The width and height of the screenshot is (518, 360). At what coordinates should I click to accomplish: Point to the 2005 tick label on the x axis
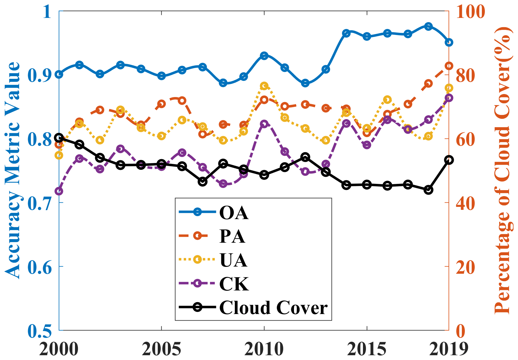tap(161, 349)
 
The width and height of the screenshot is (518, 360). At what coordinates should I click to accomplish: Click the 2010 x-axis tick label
tap(264, 349)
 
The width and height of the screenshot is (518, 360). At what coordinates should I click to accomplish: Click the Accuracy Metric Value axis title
tap(12, 170)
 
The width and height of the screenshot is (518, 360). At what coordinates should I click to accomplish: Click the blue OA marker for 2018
tap(428, 26)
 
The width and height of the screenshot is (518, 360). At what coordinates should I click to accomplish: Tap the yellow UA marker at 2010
tap(264, 86)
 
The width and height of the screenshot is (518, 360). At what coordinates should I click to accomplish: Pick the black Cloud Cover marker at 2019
tap(449, 160)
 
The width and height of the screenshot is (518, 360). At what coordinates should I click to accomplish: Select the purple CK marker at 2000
tap(59, 191)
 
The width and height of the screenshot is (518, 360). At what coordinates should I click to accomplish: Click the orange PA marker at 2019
tap(449, 66)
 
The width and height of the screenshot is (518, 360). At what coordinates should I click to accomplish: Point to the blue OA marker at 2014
tap(346, 33)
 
